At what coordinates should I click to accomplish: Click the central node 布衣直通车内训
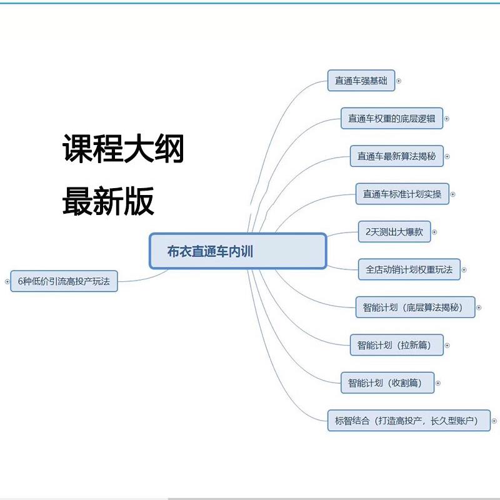click(x=237, y=251)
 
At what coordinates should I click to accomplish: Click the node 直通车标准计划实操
click(x=402, y=194)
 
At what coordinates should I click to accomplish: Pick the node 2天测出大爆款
click(x=394, y=232)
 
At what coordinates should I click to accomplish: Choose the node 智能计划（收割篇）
click(x=387, y=382)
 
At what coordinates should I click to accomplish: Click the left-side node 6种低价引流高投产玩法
click(x=64, y=281)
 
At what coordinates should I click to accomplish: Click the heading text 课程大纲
click(x=123, y=150)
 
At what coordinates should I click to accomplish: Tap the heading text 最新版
click(x=108, y=202)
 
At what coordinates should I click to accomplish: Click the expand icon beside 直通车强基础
click(x=399, y=81)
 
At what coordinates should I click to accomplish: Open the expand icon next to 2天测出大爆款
click(x=434, y=232)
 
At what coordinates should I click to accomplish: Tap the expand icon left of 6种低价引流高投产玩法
click(x=7, y=281)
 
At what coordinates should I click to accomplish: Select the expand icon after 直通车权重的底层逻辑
click(x=447, y=118)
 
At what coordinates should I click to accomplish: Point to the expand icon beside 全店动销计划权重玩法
click(x=464, y=270)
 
